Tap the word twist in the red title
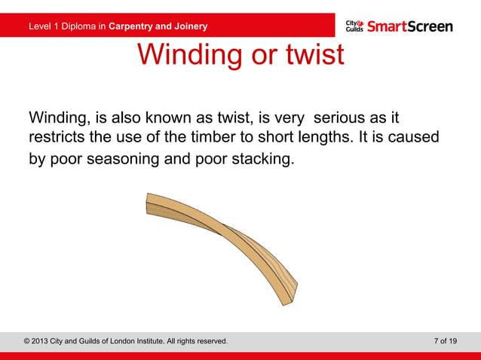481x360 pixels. click(310, 55)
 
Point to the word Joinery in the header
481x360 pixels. click(189, 27)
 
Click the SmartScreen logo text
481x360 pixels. click(410, 26)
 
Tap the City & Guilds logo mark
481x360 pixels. click(354, 26)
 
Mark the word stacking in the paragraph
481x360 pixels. click(260, 160)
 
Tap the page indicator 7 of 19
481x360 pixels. click(445, 341)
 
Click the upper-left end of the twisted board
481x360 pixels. click(148, 205)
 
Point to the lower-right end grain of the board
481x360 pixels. click(291, 294)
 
